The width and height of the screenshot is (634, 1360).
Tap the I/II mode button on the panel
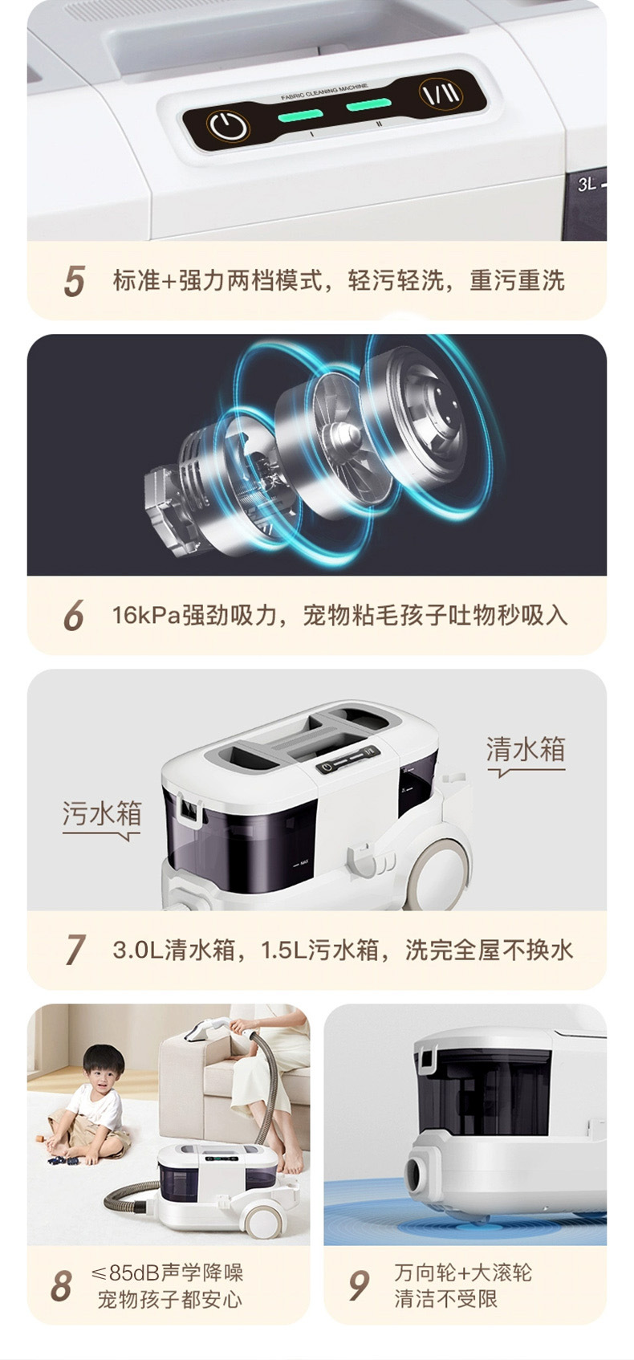441,94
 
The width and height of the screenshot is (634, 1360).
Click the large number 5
74,281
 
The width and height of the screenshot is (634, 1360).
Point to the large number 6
73,615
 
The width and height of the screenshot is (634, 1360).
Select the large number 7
75,950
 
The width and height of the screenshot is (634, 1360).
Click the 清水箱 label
526,749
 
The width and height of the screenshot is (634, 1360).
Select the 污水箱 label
102,813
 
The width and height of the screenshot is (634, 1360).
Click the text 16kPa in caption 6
146,615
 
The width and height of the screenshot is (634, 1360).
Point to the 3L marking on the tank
587,184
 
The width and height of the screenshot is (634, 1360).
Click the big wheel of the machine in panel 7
441,865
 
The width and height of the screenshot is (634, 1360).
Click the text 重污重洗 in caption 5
517,281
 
